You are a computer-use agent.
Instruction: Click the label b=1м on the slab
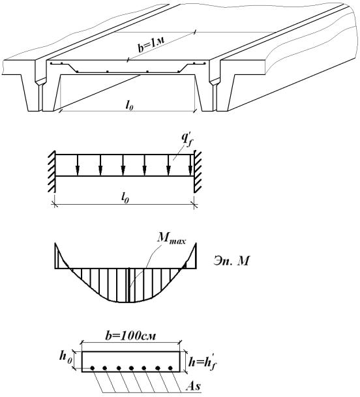pyautogui.click(x=152, y=44)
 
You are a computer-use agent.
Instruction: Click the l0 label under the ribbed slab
pyautogui.click(x=129, y=106)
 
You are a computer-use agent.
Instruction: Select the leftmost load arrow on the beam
pyautogui.click(x=78, y=165)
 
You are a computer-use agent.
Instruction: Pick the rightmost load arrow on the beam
pyautogui.click(x=190, y=165)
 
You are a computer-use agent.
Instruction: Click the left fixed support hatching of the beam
pyautogui.click(x=52, y=171)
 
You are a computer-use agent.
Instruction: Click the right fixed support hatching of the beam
pyautogui.click(x=198, y=171)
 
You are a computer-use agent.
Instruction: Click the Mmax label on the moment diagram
pyautogui.click(x=172, y=240)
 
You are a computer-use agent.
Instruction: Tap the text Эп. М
pyautogui.click(x=231, y=261)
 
